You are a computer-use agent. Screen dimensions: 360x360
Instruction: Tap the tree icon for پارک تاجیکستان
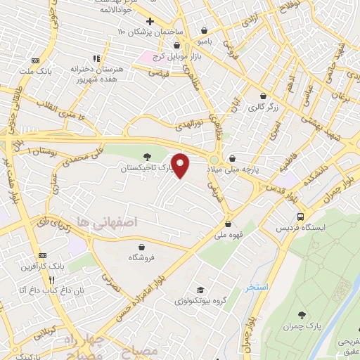pos(146,157)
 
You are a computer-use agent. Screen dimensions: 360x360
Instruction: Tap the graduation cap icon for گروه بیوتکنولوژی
pos(201,290)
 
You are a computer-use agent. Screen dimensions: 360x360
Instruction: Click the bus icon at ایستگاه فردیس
pos(300,217)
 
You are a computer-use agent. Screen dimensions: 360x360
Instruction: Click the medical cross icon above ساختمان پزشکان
pos(150,21)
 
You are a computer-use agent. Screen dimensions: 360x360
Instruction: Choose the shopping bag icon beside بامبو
pos(204,31)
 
